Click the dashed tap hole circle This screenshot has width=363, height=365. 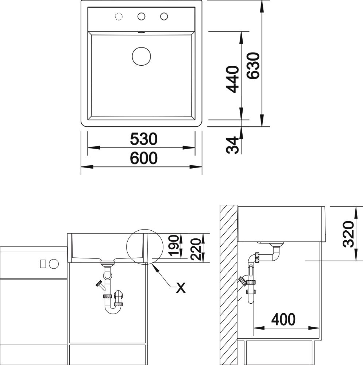[119, 16]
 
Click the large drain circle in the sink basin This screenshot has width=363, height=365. [141, 56]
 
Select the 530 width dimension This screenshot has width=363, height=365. [144, 139]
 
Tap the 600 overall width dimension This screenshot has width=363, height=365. [144, 158]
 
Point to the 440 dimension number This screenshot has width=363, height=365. [232, 79]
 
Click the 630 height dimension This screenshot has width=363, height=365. [253, 66]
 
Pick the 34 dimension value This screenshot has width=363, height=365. [232, 145]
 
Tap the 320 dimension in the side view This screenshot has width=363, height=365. [348, 234]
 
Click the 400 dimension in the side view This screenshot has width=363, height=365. [283, 319]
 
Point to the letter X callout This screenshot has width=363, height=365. [181, 288]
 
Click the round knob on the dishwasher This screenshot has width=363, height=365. [54, 264]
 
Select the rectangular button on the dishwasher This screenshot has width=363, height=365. [43, 264]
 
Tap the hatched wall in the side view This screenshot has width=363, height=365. [228, 285]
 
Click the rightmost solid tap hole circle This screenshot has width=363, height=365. [164, 16]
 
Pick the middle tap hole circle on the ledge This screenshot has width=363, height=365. [141, 16]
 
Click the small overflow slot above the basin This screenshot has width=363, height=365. [141, 32]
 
